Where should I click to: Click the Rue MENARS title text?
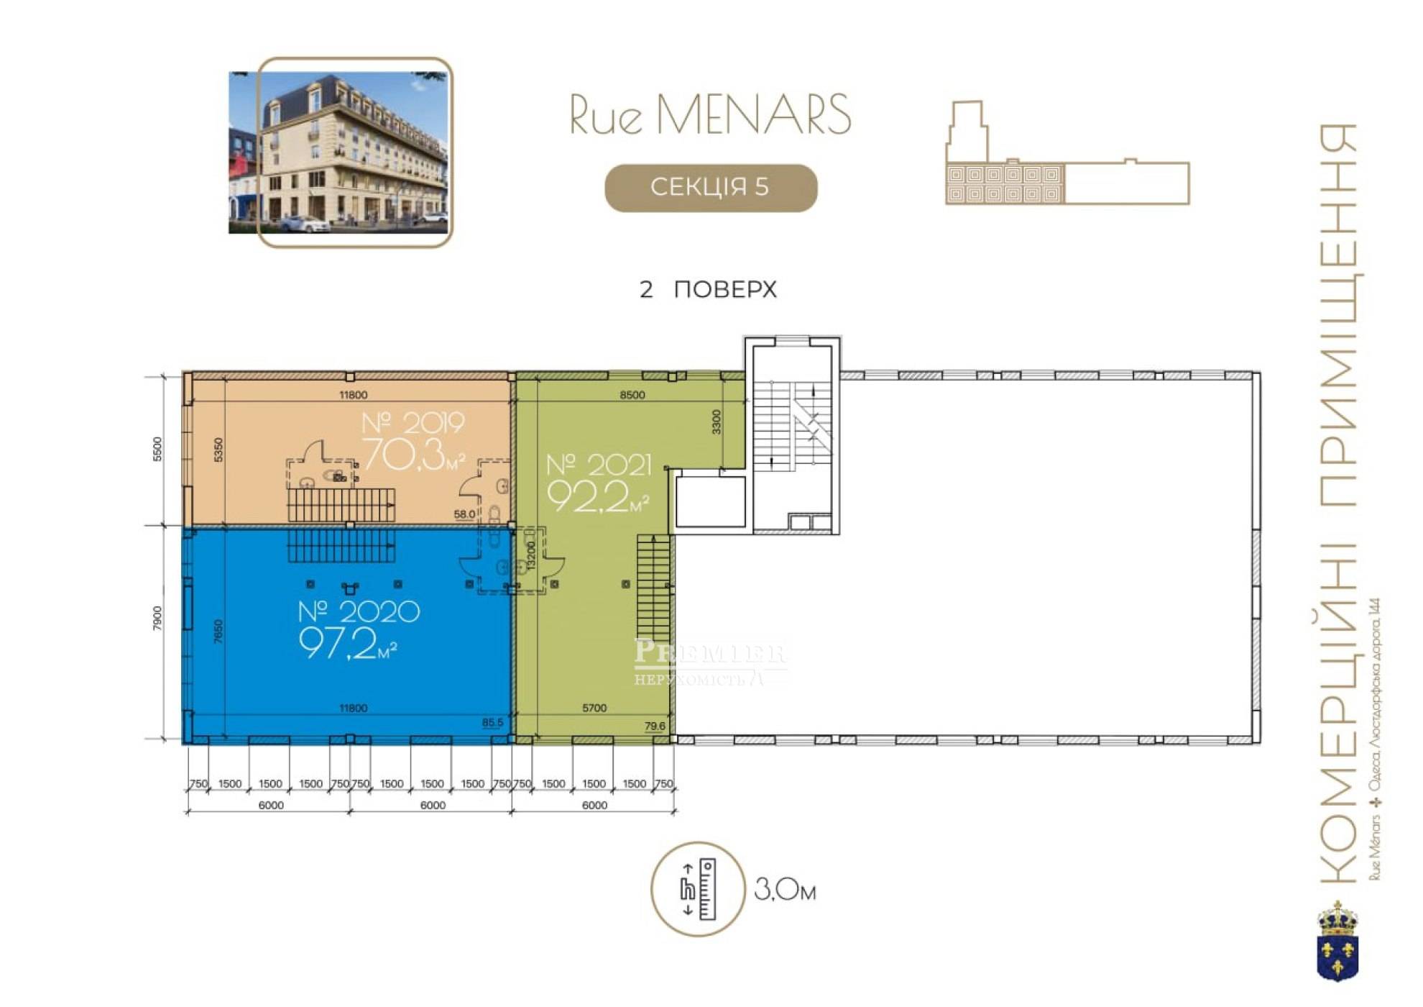pyautogui.click(x=710, y=114)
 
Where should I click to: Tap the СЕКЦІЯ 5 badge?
pyautogui.click(x=711, y=188)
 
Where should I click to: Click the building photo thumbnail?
pyautogui.click(x=340, y=152)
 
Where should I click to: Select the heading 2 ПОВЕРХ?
pyautogui.click(x=708, y=289)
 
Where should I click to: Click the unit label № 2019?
pyautogui.click(x=413, y=423)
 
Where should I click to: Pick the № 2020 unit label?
pyautogui.click(x=359, y=612)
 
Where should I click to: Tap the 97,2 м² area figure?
pyautogui.click(x=348, y=643)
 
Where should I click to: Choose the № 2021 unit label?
pyautogui.click(x=599, y=466)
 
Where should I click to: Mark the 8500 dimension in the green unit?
pyautogui.click(x=632, y=395)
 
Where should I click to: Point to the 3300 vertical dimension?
pyautogui.click(x=716, y=422)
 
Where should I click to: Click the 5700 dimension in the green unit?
pyautogui.click(x=594, y=708)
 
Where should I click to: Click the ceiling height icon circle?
pyautogui.click(x=697, y=889)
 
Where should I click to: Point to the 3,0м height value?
pyautogui.click(x=785, y=890)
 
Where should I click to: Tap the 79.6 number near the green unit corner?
pyautogui.click(x=655, y=726)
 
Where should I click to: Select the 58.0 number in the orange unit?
pyautogui.click(x=464, y=514)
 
